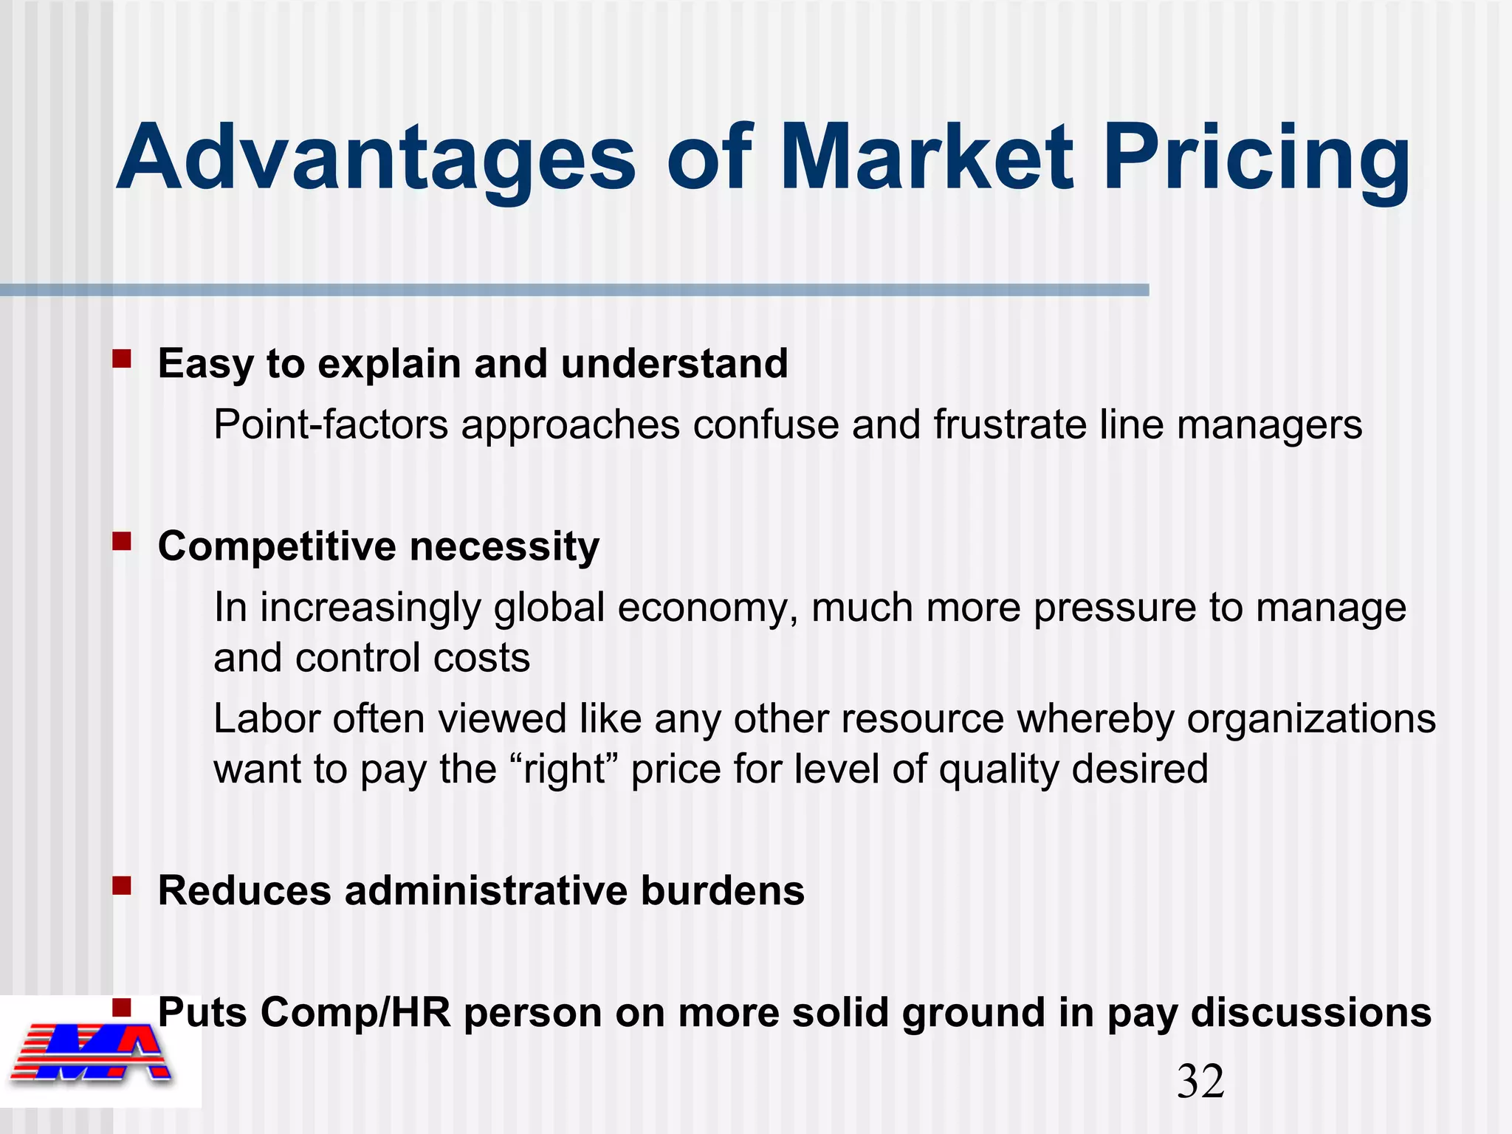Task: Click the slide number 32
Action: coord(1200,1082)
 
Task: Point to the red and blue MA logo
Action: coord(92,1052)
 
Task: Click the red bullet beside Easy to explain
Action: coord(122,360)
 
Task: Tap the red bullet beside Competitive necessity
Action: coord(122,543)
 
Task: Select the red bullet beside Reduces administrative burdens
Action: coord(122,885)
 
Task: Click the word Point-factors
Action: coord(331,425)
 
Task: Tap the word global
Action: coord(549,608)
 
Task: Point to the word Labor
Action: coord(267,719)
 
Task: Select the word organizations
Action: coord(1311,719)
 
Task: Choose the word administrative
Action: coord(486,890)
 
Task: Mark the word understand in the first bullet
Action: coord(674,364)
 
